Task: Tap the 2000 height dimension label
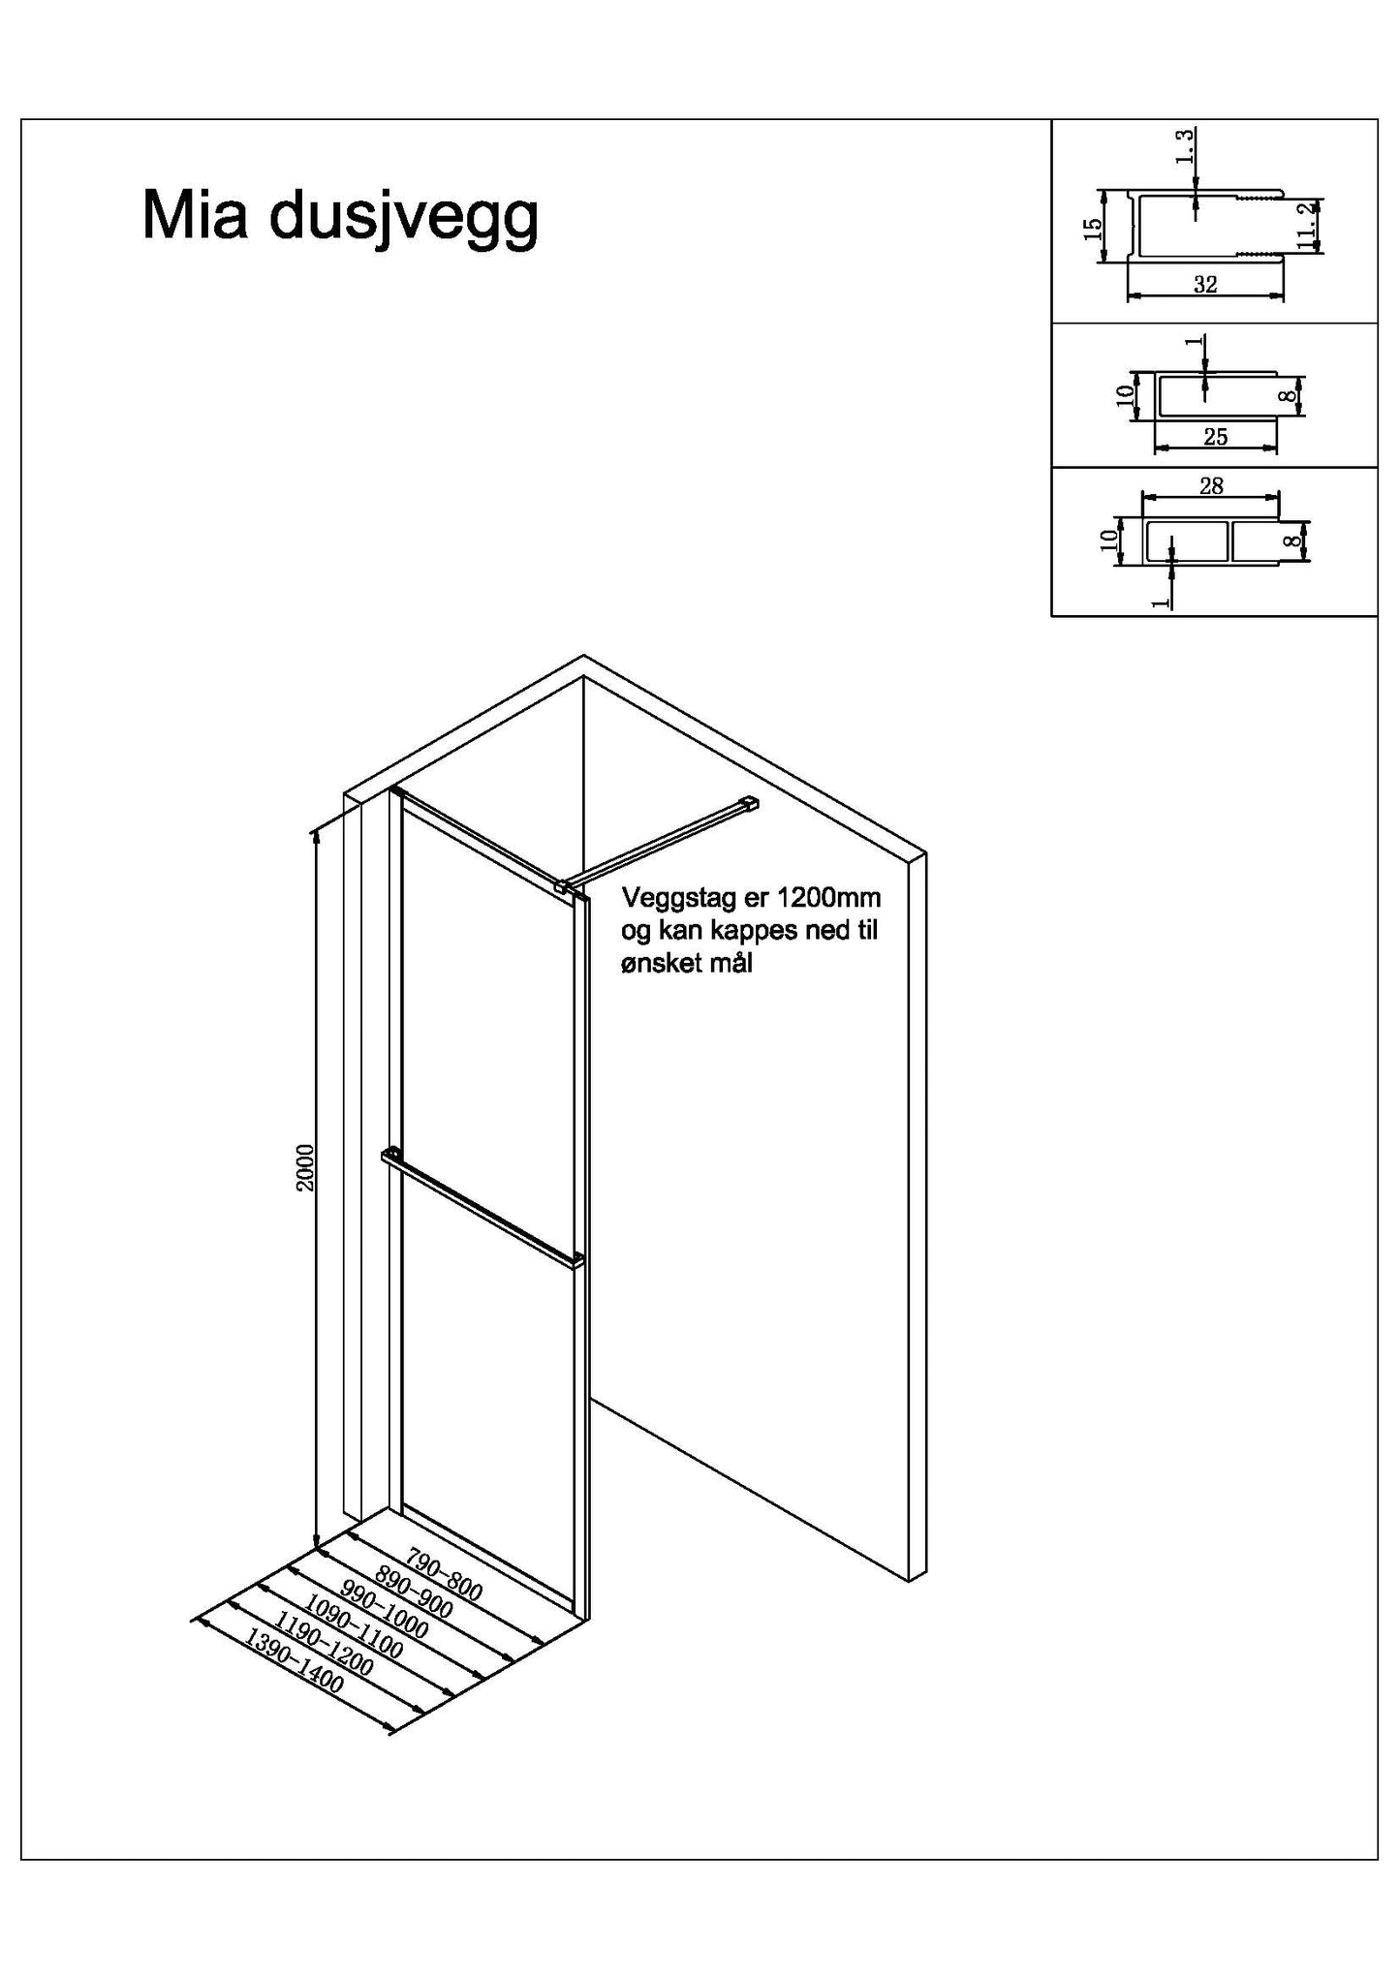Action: [x=305, y=1167]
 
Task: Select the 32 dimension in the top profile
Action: [x=1205, y=284]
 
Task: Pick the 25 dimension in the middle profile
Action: [x=1216, y=437]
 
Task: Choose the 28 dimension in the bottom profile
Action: [x=1211, y=485]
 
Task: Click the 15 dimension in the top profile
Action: [x=1092, y=229]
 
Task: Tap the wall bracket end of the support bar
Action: [x=748, y=802]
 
